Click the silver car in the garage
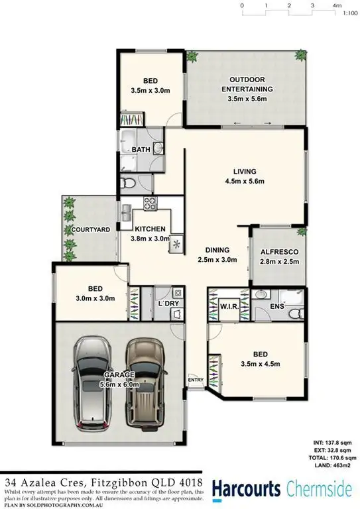(x=93, y=384)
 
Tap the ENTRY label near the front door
(x=196, y=380)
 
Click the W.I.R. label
(x=229, y=308)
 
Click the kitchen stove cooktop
(x=150, y=204)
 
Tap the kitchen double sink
(x=126, y=212)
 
